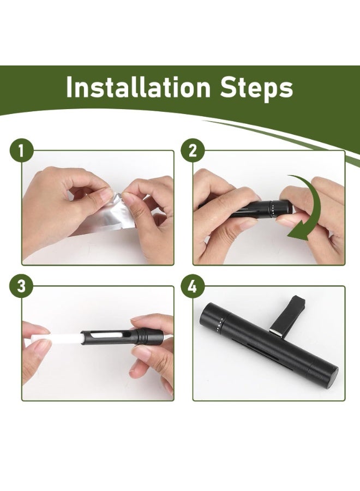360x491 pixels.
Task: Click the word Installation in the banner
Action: pos(138,87)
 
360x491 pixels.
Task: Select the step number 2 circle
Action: pos(193,151)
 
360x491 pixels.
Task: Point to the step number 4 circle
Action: pos(193,286)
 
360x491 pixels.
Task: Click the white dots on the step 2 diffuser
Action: pos(274,209)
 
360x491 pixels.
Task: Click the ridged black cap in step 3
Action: pos(147,336)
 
